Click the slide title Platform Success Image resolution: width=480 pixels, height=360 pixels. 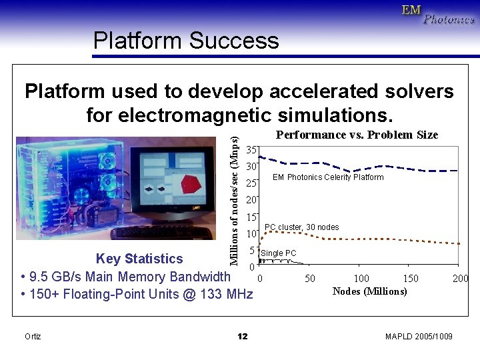[186, 41]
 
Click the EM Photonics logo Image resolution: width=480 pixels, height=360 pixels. [438, 15]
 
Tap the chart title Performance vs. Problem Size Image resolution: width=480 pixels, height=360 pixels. [357, 135]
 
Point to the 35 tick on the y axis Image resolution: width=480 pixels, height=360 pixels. [251, 149]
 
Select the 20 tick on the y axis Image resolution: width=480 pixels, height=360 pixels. [251, 200]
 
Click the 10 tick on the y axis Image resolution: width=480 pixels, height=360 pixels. [251, 234]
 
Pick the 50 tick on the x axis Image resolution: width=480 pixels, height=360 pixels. [310, 279]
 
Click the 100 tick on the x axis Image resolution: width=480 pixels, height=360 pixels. [361, 279]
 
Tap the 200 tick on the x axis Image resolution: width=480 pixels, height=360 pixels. [460, 279]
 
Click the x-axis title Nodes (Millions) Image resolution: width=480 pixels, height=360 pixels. [369, 291]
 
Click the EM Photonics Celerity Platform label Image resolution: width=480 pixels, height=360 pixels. [328, 177]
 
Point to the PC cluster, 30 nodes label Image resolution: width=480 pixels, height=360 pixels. [301, 227]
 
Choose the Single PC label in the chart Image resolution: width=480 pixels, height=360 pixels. [279, 253]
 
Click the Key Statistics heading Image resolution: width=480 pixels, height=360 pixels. [139, 259]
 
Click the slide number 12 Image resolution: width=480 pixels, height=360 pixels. [242, 337]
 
